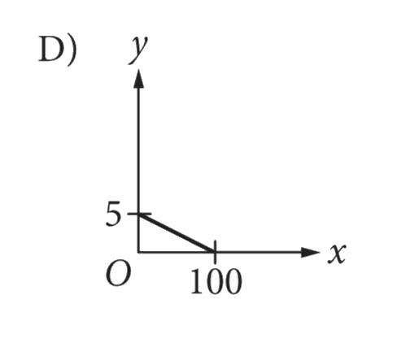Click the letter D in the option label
[x=51, y=49]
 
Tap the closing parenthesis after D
[x=72, y=50]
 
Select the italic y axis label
[x=138, y=50]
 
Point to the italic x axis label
[x=337, y=254]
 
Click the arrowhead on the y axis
[x=138, y=78]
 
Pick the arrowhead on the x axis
[x=311, y=253]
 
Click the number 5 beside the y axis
[x=113, y=214]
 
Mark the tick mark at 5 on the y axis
[x=139, y=214]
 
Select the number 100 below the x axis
[x=216, y=281]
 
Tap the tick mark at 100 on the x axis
[x=215, y=252]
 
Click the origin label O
[x=118, y=274]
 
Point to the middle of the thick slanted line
[x=177, y=233]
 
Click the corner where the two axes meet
[x=138, y=253]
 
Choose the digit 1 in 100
[x=197, y=281]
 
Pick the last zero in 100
[x=233, y=282]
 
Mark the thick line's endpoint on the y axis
[x=139, y=215]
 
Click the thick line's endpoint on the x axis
[x=214, y=252]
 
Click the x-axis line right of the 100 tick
[x=259, y=253]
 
